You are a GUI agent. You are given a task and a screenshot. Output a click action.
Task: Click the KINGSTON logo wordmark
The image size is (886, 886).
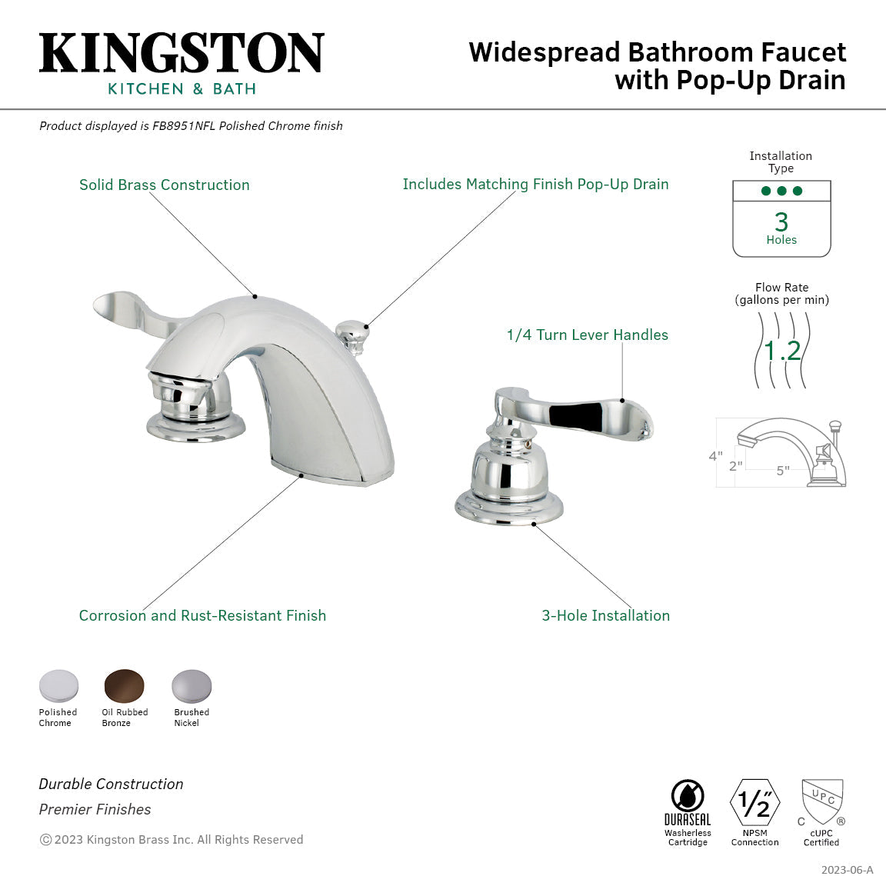(x=182, y=53)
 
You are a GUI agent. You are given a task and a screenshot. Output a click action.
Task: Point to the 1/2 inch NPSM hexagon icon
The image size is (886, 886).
(x=754, y=803)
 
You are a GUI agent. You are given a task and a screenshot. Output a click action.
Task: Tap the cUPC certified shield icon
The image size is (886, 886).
(x=822, y=802)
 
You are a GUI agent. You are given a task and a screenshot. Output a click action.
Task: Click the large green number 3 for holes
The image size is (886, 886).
(x=781, y=221)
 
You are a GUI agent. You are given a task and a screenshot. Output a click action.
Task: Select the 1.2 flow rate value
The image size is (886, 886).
(x=782, y=351)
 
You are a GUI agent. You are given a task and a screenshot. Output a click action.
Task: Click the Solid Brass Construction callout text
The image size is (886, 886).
(x=165, y=185)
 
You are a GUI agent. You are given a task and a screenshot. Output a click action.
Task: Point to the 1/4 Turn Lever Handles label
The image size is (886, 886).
(x=587, y=335)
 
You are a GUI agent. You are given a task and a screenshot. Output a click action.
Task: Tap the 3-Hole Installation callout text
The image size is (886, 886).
(x=605, y=615)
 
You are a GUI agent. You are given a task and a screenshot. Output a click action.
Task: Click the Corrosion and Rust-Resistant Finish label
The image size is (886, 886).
(x=202, y=615)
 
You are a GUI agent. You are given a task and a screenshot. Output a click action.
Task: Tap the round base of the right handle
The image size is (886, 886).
(x=509, y=508)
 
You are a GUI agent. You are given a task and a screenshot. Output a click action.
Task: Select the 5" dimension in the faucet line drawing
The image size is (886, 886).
(x=782, y=471)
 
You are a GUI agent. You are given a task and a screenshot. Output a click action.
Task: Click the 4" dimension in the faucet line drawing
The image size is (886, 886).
(x=715, y=456)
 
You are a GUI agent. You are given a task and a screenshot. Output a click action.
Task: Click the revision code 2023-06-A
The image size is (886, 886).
(x=847, y=870)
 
